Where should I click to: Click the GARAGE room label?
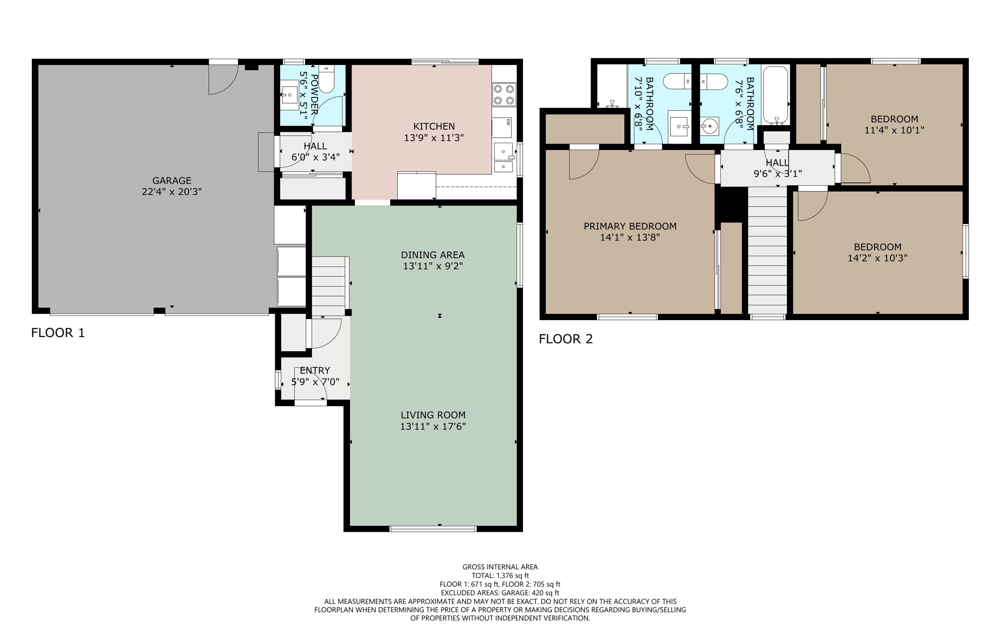(172, 180)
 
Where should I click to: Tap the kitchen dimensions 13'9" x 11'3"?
(434, 138)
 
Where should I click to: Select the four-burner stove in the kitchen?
(504, 95)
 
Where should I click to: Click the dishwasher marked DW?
(502, 127)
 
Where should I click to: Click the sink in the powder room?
(290, 95)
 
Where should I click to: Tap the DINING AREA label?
(433, 255)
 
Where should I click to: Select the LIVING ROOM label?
(433, 415)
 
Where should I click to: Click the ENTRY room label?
(315, 370)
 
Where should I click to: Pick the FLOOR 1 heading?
(58, 333)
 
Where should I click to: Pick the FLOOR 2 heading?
(566, 339)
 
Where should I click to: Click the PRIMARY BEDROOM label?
(630, 226)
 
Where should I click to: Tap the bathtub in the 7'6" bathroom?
(776, 95)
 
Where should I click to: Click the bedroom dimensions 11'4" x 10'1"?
(894, 130)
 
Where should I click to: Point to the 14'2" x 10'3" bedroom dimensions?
(877, 258)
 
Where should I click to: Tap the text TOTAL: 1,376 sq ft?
(500, 576)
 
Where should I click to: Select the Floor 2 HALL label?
(777, 163)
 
